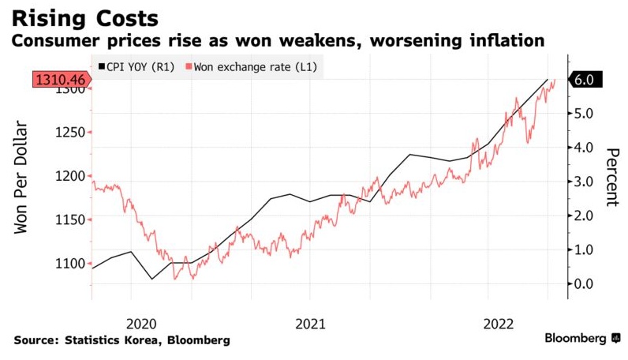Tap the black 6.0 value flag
pyautogui.click(x=588, y=80)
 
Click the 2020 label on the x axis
pyautogui.click(x=141, y=323)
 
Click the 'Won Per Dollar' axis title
pyautogui.click(x=21, y=178)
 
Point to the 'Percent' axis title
pyautogui.click(x=611, y=177)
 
